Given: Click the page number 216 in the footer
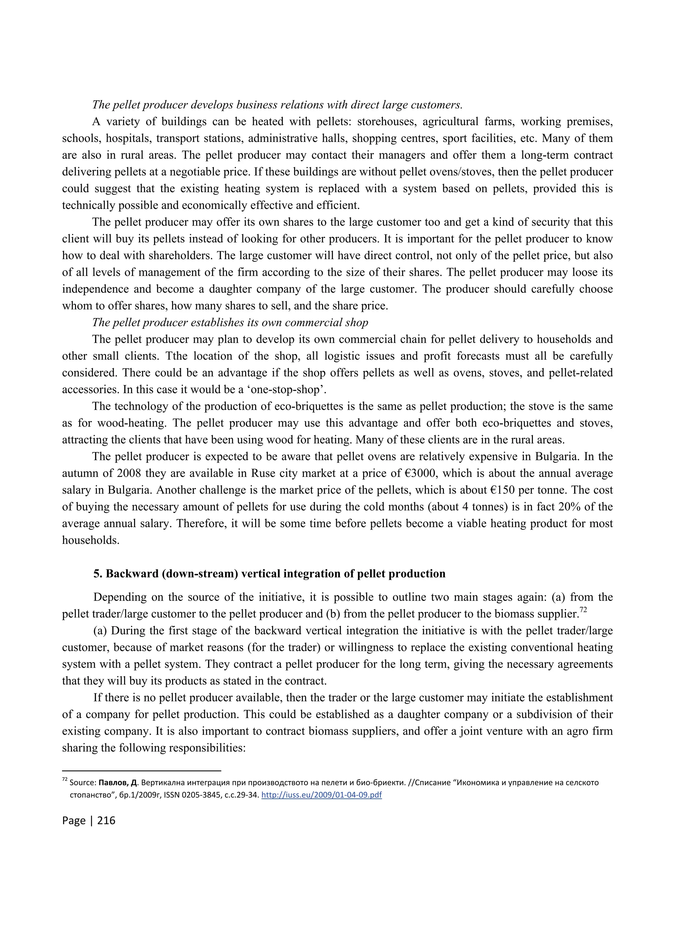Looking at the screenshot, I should coord(106,820).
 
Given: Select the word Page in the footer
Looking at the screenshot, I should coord(74,820).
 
